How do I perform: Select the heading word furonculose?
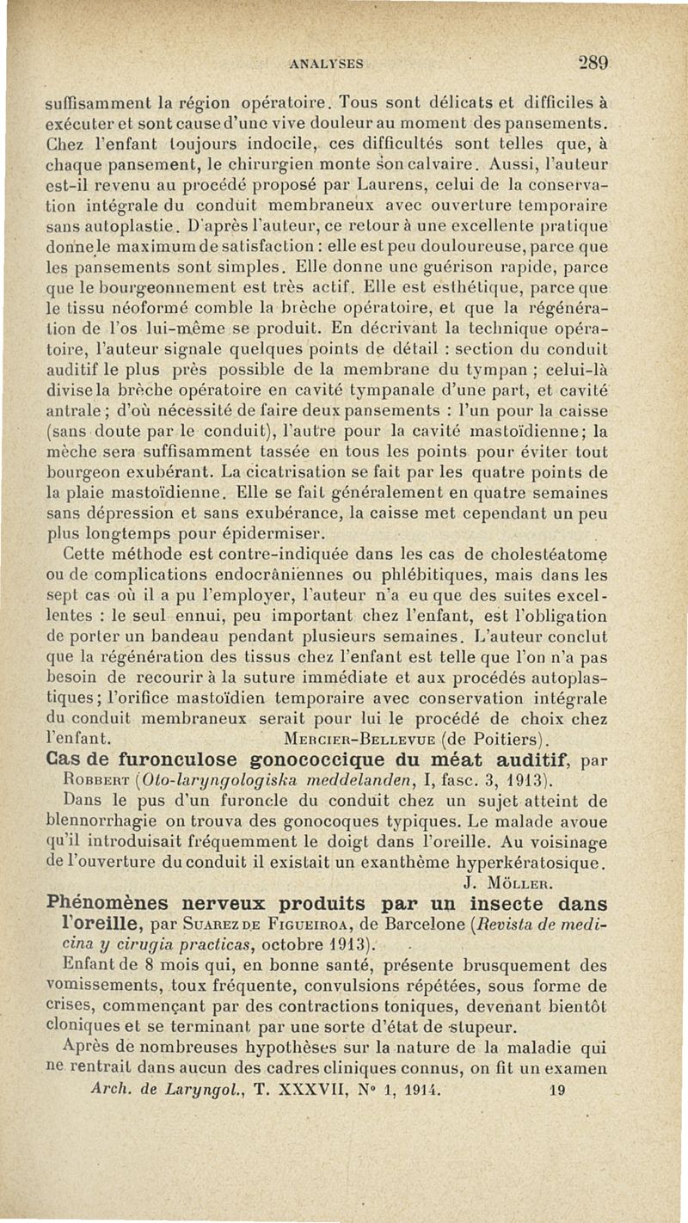(165, 759)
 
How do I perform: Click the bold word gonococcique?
(310, 759)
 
